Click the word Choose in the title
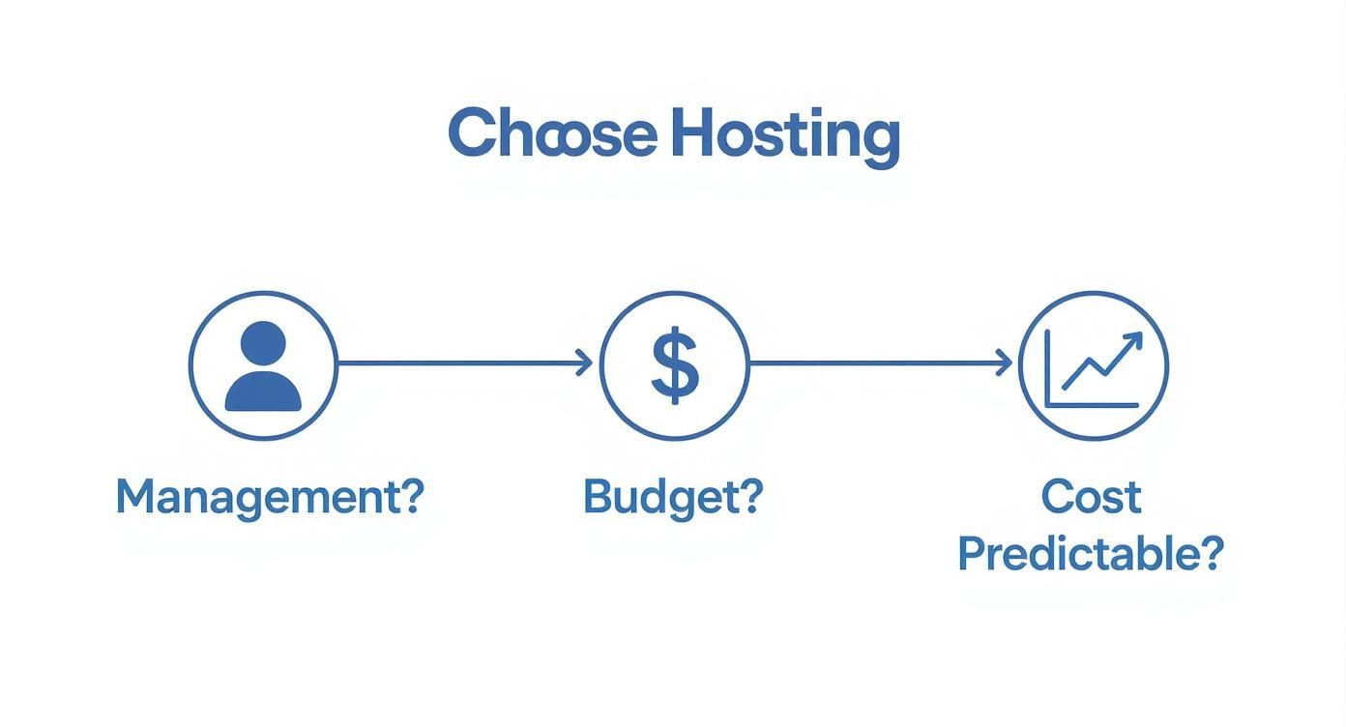(x=552, y=133)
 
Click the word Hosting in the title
(x=784, y=135)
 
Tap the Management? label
(x=269, y=497)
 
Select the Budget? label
(x=673, y=497)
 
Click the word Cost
(x=1091, y=497)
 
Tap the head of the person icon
(x=263, y=343)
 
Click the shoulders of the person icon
(x=263, y=392)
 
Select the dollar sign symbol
(x=674, y=364)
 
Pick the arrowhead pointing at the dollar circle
(x=586, y=363)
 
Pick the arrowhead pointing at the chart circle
(x=1006, y=363)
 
